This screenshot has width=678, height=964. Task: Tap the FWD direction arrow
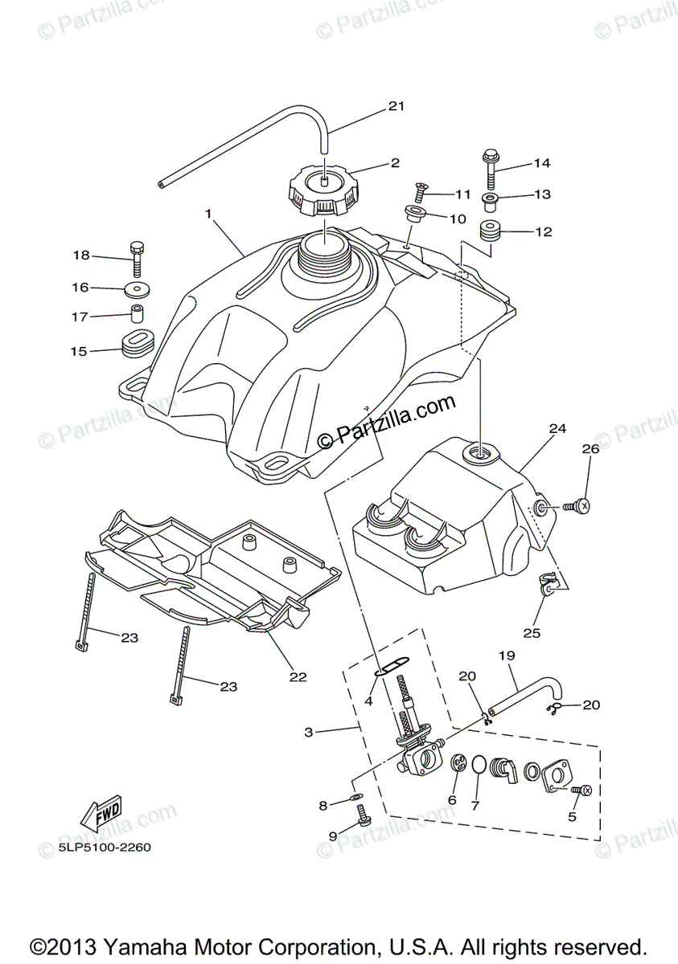pos(101,817)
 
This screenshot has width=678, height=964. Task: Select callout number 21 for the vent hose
pos(396,106)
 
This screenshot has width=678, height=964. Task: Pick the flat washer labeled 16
pos(138,288)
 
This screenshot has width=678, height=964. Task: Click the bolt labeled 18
pos(137,255)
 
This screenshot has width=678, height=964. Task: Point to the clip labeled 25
pos(546,590)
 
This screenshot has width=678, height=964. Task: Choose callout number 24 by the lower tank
pos(553,429)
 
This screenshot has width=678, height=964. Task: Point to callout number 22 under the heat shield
pos(298,676)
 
